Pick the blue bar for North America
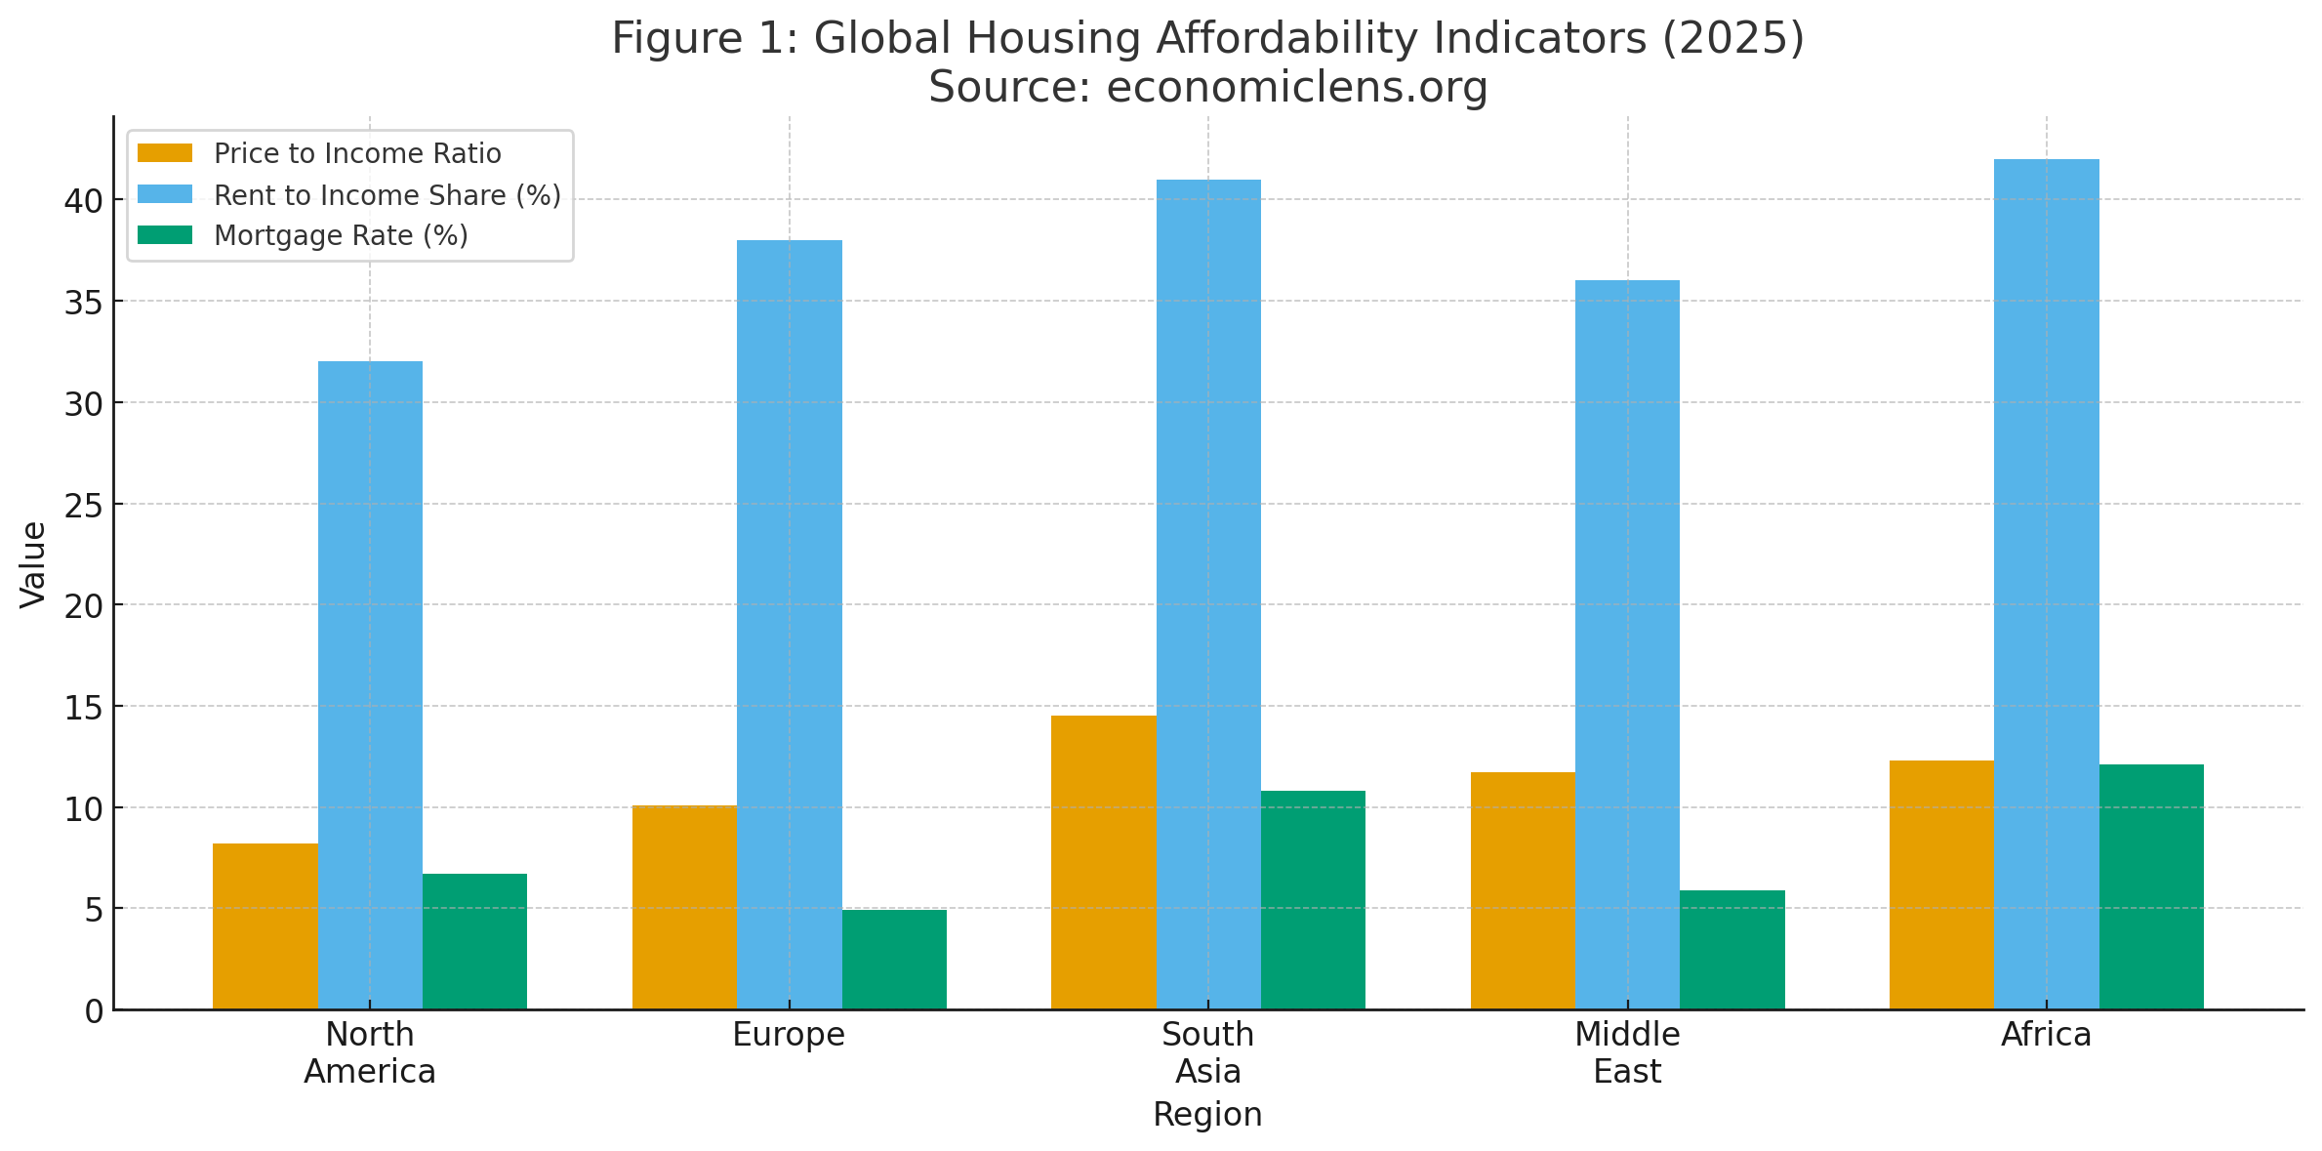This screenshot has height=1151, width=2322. [370, 684]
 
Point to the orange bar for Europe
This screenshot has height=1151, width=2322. [684, 907]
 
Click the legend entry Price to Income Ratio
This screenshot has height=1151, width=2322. [356, 154]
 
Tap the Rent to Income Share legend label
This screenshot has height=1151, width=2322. [387, 195]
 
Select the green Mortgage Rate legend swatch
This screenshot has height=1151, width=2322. [165, 235]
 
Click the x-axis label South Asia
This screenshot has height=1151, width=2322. [1207, 1052]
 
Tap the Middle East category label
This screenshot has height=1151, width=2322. [1627, 1052]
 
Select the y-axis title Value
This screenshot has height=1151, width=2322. [33, 564]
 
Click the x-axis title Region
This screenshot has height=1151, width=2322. [1207, 1114]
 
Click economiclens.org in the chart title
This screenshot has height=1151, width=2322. [1296, 87]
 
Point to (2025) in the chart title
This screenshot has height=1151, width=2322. [1732, 39]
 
